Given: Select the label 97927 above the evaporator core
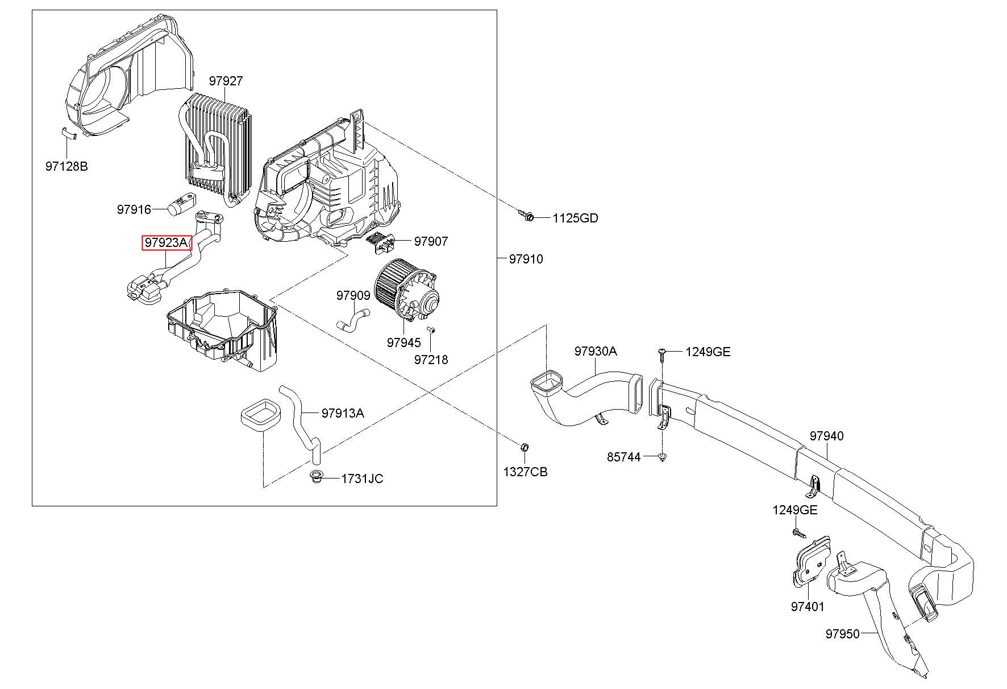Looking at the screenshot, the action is [226, 81].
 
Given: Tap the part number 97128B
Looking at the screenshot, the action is [66, 167].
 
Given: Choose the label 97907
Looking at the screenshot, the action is [431, 241].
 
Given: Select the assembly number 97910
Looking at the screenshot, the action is [526, 259].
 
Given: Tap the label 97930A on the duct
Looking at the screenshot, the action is [595, 351].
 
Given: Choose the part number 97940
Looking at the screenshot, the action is [827, 436].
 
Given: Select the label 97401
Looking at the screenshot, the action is [808, 607].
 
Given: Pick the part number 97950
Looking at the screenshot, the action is [843, 633].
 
